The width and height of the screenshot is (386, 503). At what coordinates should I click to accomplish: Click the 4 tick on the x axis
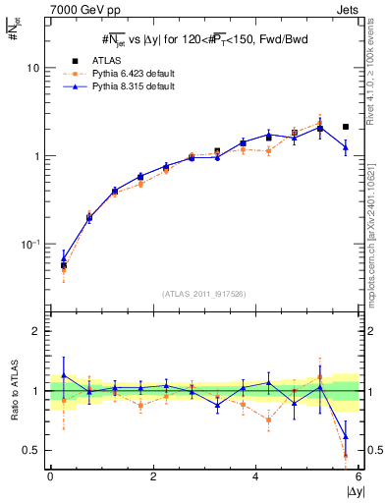pos(256,476)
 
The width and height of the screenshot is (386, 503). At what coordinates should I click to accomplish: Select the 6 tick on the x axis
pos(358,476)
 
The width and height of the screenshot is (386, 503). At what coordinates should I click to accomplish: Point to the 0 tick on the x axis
pos(50,476)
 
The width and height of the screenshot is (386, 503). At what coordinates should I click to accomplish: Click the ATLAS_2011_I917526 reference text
pos(204,295)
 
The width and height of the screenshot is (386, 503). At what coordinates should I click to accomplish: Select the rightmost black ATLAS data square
pos(346,127)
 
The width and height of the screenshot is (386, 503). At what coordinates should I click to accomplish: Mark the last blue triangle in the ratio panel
pos(346,436)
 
